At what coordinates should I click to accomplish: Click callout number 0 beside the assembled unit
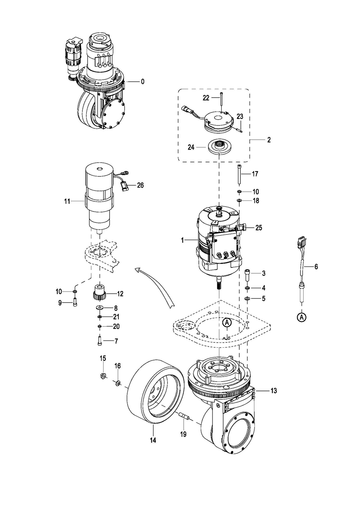pos(142,82)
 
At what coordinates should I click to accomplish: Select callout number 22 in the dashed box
pos(206,98)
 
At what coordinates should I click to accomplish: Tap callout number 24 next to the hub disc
pos(191,148)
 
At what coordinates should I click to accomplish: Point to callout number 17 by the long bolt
pos(255,174)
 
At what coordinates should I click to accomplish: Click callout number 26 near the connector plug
pos(140,185)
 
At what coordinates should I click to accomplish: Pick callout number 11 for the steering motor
pos(67,201)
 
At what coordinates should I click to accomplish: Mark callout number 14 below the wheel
pos(153,447)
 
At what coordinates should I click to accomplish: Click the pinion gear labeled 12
pos(99,293)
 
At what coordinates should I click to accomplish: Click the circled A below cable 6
pos(302,317)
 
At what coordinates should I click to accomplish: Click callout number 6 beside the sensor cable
pos(316,267)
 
